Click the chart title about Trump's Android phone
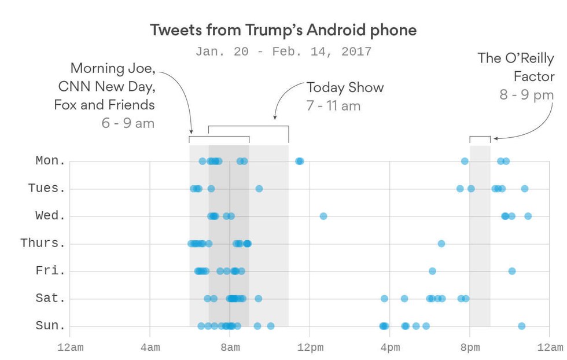(283, 30)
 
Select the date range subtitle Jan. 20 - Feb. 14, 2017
(283, 52)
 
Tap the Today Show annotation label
(345, 88)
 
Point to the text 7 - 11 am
(333, 106)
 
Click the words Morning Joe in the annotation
(112, 68)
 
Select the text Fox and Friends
(104, 105)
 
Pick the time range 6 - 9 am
(128, 123)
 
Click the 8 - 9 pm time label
(526, 94)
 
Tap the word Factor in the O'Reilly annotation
(533, 76)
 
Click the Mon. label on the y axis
(51, 161)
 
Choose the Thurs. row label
(43, 243)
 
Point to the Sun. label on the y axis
(51, 326)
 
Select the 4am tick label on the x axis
(150, 347)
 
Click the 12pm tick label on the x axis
(310, 347)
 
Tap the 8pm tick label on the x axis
(470, 347)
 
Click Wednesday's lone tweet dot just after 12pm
(323, 216)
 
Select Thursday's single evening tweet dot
(441, 244)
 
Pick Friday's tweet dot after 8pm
(512, 271)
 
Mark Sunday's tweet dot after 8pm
(522, 326)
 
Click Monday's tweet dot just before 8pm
(465, 161)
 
